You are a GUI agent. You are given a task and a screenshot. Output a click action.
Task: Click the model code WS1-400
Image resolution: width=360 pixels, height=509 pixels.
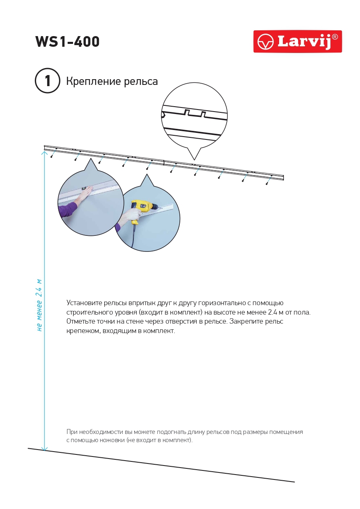67,42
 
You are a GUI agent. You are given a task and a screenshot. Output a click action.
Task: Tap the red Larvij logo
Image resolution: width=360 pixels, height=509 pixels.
297,41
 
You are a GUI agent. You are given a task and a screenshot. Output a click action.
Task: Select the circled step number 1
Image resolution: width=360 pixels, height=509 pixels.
48,81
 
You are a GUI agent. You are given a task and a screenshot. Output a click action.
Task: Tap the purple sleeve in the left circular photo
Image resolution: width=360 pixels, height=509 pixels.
66,209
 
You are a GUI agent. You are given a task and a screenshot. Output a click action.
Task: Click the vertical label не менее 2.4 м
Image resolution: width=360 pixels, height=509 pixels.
39,305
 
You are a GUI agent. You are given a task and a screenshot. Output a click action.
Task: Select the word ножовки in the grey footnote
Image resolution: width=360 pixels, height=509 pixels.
111,441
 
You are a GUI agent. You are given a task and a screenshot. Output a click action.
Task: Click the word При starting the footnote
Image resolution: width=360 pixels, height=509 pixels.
71,432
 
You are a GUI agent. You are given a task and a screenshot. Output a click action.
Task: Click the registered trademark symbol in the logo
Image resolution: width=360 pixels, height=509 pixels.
335,37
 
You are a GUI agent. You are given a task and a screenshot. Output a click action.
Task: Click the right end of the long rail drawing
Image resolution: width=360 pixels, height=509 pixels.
282,177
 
